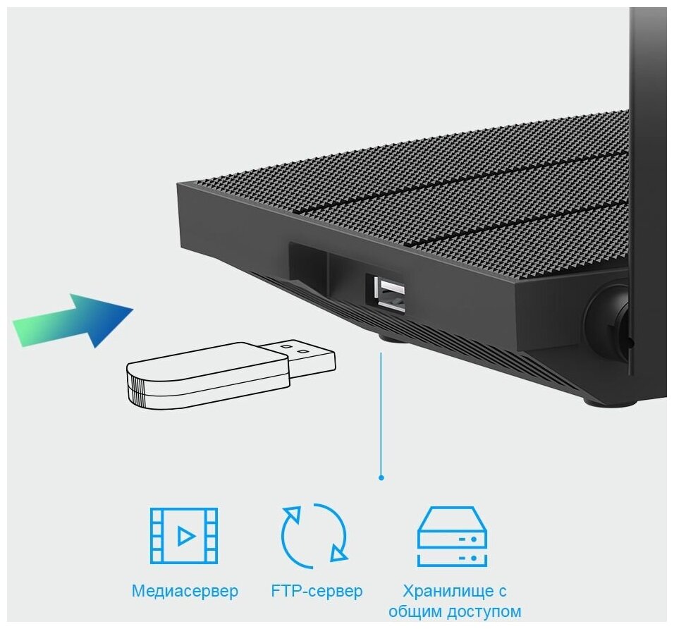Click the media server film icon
pyautogui.click(x=184, y=535)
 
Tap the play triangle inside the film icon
pyautogui.click(x=185, y=536)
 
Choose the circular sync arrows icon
pyautogui.click(x=314, y=535)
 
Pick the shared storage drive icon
pyautogui.click(x=452, y=536)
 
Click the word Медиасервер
pyautogui.click(x=185, y=590)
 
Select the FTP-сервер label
pyautogui.click(x=317, y=590)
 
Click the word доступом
pyautogui.click(x=486, y=611)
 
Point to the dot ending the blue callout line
pyautogui.click(x=381, y=477)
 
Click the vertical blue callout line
pyautogui.click(x=381, y=416)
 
